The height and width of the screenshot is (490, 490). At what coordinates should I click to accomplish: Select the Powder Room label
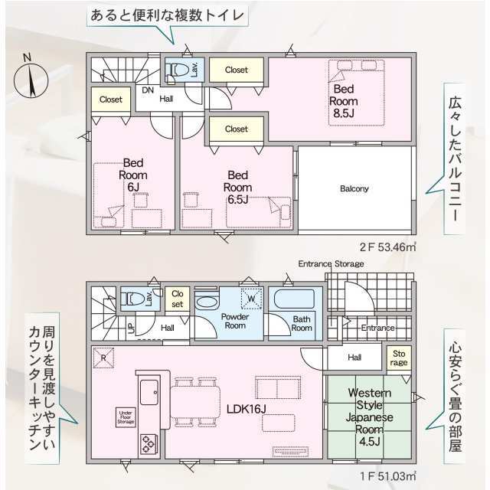(x=237, y=321)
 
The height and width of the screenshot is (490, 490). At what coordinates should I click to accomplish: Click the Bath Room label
(x=302, y=323)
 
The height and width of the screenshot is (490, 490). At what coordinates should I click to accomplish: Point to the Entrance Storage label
(x=331, y=263)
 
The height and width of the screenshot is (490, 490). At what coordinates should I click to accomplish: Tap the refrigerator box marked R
(x=102, y=356)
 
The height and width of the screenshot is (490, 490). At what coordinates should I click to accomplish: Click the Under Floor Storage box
(x=125, y=417)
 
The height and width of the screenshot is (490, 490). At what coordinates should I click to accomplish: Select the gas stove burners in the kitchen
(x=147, y=442)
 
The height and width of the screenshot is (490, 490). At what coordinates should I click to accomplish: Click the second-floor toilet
(x=180, y=70)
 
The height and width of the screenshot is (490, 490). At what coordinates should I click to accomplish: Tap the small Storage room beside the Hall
(x=400, y=358)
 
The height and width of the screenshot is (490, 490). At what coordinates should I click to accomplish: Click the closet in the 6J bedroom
(x=111, y=100)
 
